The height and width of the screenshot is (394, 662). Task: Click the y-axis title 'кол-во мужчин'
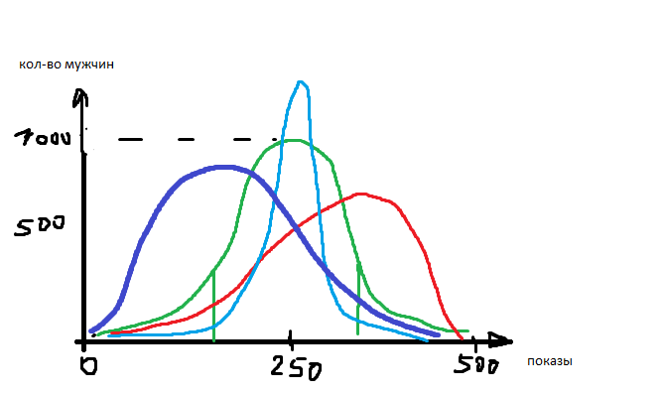tap(66, 65)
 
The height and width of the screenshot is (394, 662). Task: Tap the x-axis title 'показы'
tap(550, 361)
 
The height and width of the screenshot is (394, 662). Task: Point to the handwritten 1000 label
tap(43, 138)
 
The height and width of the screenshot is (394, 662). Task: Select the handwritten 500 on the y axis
tap(40, 225)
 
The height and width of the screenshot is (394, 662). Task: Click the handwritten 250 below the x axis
tap(297, 366)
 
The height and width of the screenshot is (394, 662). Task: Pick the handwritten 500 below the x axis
tap(476, 364)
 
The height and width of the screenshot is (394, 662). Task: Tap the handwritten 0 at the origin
tap(88, 365)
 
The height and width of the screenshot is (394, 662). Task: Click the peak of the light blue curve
tap(300, 82)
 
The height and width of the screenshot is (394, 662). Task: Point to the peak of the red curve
tap(361, 195)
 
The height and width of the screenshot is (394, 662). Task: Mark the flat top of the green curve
tap(293, 141)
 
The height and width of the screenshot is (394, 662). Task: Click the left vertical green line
tap(214, 305)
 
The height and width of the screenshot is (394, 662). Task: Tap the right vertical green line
tap(358, 298)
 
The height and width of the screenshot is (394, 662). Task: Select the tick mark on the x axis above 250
tap(290, 340)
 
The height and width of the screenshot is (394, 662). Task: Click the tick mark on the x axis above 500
tap(474, 343)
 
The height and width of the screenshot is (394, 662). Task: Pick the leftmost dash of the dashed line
tap(130, 139)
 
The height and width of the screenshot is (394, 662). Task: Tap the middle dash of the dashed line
tap(186, 139)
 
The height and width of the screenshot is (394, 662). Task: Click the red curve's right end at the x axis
tap(462, 338)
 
